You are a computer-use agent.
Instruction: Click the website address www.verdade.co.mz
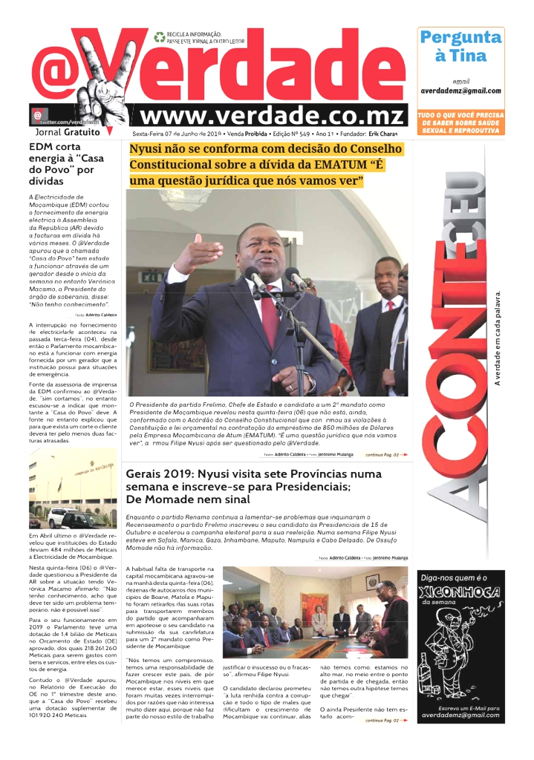click(x=272, y=117)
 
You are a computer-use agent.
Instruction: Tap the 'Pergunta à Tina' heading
click(x=460, y=46)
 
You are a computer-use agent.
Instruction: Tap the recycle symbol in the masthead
click(x=159, y=36)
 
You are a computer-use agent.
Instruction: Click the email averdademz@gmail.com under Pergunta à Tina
click(x=460, y=91)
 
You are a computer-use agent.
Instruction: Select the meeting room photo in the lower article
click(x=315, y=612)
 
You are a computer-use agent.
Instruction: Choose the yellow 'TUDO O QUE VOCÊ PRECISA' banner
click(x=460, y=122)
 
